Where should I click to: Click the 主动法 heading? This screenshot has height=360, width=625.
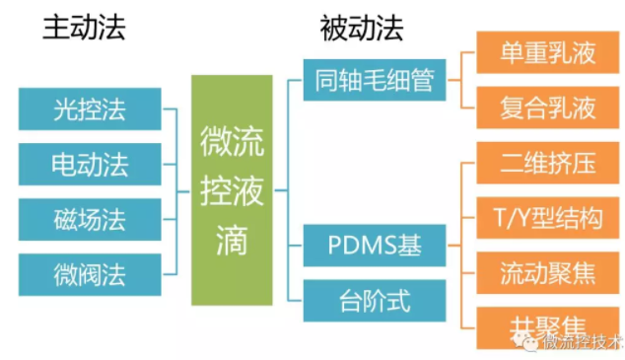coord(83,31)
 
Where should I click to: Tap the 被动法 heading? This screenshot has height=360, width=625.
coord(362,31)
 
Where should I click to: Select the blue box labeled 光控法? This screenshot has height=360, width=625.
coord(90,108)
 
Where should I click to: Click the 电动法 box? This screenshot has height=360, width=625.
coord(90,161)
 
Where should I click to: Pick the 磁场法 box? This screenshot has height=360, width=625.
coord(90,216)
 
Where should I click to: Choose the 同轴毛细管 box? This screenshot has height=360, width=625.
coord(375,80)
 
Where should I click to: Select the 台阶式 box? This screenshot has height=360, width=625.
coord(375,299)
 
